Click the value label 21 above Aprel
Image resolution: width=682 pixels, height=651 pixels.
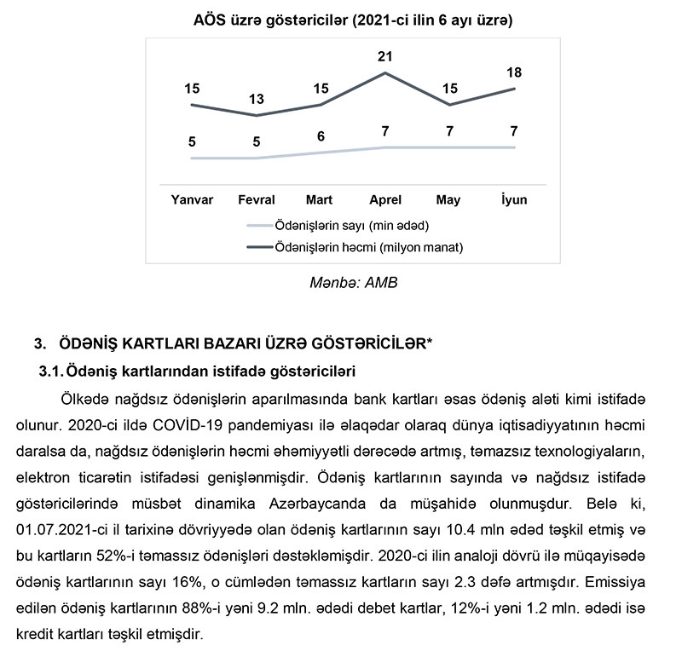coord(384,56)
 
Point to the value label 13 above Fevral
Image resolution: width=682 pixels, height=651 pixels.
coord(257,99)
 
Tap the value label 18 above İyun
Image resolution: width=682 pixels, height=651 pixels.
coord(514,72)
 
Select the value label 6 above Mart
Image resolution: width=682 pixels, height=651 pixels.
coord(320,136)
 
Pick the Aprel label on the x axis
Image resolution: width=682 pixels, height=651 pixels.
coord(384,200)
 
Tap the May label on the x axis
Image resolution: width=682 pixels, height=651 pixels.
coord(448,200)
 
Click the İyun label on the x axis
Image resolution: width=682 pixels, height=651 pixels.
coord(514,200)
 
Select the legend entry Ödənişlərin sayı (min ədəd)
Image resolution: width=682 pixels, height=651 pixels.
coord(349,226)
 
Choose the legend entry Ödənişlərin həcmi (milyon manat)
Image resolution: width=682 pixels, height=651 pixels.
coord(366,246)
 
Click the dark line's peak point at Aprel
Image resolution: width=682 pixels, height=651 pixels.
coord(384,72)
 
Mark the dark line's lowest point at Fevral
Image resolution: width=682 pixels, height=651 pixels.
coord(257,115)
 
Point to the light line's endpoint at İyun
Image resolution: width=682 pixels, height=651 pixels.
coord(514,147)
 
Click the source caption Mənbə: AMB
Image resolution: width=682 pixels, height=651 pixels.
coord(353,281)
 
